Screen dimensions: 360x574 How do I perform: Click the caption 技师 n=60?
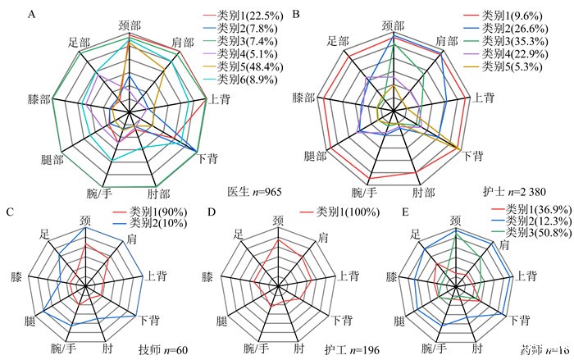(165, 351)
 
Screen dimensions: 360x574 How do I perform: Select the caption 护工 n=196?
(352, 351)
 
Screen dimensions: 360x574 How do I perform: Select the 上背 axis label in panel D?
(339, 276)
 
